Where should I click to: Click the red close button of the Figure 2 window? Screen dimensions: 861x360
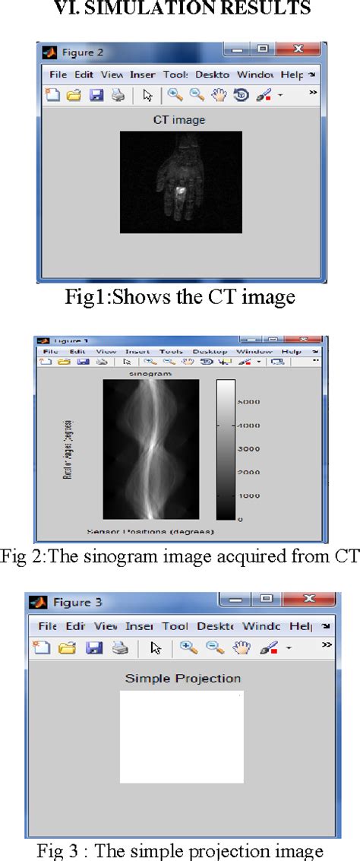click(x=298, y=50)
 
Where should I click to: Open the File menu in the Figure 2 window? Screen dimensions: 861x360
click(x=58, y=74)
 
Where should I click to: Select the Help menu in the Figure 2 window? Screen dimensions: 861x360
click(x=291, y=74)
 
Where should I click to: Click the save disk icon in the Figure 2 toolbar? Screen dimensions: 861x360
click(x=96, y=95)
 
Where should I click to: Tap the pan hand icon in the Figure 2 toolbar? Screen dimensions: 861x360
click(x=219, y=95)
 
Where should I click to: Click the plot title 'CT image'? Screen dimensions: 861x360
click(x=179, y=119)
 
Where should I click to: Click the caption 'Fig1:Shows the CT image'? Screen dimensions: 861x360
click(x=180, y=296)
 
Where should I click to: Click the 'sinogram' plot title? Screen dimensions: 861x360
click(x=150, y=374)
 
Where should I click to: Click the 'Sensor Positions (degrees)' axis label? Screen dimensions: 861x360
click(x=150, y=530)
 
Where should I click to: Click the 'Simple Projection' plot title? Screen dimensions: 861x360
click(x=182, y=678)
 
